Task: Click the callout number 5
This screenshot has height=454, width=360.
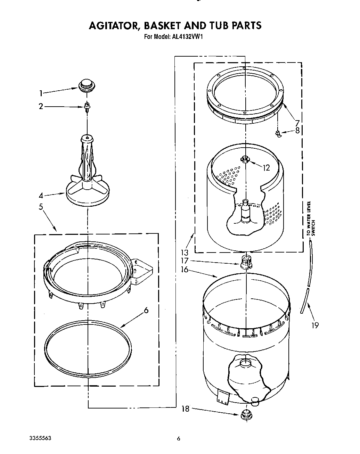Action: (x=41, y=207)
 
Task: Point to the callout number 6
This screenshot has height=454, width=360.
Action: (x=146, y=310)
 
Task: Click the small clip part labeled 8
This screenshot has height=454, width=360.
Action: (x=278, y=134)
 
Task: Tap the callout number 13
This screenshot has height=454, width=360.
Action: (x=185, y=253)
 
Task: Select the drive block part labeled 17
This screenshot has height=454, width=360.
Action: (x=245, y=261)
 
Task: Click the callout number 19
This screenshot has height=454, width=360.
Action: (x=315, y=325)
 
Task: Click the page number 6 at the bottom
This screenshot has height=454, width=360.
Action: (x=179, y=439)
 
